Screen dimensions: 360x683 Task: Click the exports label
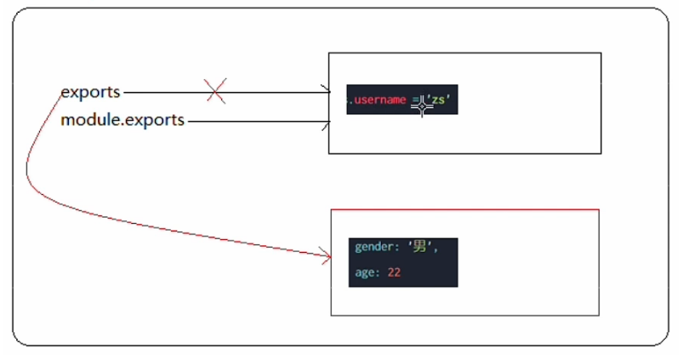(90, 91)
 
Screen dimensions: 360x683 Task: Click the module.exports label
(122, 120)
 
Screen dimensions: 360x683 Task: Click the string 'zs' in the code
(441, 100)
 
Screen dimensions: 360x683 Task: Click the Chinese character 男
(420, 248)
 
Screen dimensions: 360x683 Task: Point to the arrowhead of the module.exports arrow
(327, 125)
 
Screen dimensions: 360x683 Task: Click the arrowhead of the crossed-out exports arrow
(327, 89)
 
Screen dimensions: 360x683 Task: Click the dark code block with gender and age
(402, 261)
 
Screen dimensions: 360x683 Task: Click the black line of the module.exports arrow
(255, 121)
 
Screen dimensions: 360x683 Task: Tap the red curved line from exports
(28, 170)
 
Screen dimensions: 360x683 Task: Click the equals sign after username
(415, 100)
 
